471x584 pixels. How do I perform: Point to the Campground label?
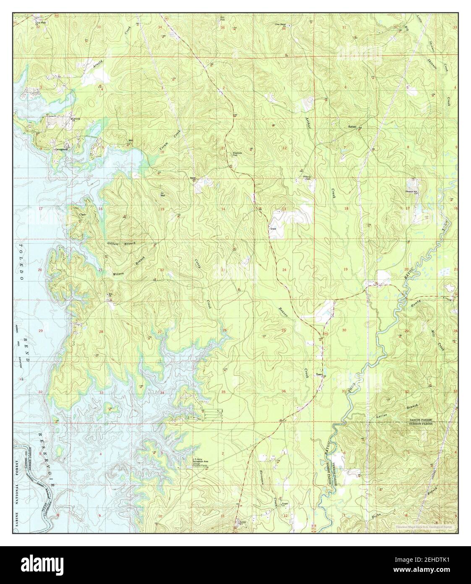click(61, 149)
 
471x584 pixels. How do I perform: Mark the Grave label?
click(272, 229)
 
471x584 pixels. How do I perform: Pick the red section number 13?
click(284, 209)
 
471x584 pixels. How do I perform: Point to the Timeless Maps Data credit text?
click(424, 526)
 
